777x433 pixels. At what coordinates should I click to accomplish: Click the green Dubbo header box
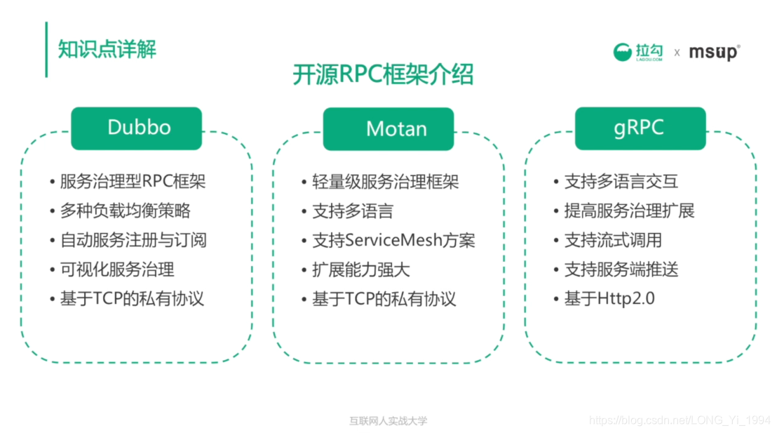(x=136, y=128)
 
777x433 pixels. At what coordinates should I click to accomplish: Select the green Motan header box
(x=388, y=128)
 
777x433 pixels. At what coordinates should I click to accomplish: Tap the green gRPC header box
(x=640, y=128)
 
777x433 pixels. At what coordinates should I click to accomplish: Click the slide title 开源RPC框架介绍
(x=383, y=74)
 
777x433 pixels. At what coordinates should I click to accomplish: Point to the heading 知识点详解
(x=107, y=49)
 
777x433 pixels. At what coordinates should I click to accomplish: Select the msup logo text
(x=714, y=52)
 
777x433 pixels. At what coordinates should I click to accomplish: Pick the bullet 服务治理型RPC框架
(x=133, y=182)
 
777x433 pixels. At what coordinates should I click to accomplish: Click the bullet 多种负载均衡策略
(x=125, y=211)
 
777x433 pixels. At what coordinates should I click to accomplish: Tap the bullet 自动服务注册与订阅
(x=133, y=240)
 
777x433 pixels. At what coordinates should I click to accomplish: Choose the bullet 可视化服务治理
(x=117, y=269)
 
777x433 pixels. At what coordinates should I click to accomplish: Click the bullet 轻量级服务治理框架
(x=385, y=182)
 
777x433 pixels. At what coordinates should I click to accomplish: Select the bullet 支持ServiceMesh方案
(x=393, y=240)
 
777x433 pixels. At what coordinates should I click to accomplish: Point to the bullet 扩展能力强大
(x=360, y=269)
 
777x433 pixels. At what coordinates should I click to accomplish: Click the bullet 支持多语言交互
(x=621, y=182)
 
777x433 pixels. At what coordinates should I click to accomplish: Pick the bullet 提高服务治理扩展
(x=629, y=211)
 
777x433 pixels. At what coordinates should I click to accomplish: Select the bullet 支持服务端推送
(x=621, y=269)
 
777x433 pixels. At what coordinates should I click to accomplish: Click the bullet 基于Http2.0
(x=609, y=299)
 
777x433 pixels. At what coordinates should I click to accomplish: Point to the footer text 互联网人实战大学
(x=388, y=421)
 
